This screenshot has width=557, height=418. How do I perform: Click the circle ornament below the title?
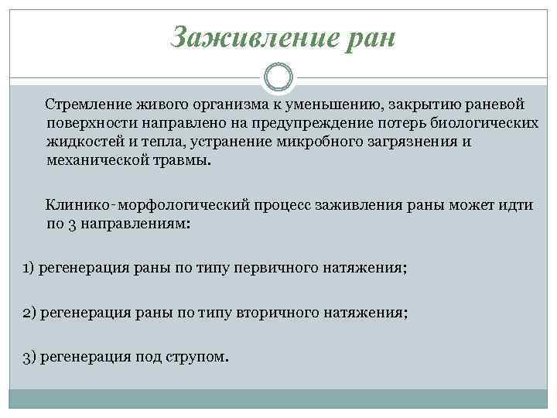tap(278, 77)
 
